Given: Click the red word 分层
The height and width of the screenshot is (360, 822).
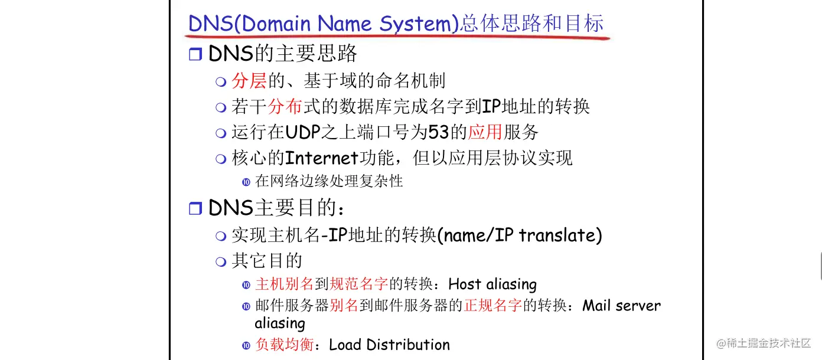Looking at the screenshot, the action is point(249,81).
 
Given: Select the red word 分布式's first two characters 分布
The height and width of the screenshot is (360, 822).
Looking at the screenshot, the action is point(285,107).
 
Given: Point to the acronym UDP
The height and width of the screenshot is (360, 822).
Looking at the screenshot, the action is point(298,133).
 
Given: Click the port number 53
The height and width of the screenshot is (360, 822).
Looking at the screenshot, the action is point(439,133).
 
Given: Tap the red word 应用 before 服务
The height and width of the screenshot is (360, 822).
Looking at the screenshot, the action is point(485,133).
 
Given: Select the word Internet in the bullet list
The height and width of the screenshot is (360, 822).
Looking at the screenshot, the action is point(322,158).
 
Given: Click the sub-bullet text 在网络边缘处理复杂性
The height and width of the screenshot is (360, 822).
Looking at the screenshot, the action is point(329,181).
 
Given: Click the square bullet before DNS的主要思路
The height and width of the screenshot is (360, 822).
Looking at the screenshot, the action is point(195,55).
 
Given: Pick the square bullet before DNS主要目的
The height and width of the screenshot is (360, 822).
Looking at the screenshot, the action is point(195,208).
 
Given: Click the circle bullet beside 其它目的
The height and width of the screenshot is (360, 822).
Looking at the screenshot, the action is point(221,261).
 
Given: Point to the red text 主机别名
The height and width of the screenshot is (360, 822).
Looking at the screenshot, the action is point(284,284).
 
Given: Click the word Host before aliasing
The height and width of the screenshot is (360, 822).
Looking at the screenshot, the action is point(465,284).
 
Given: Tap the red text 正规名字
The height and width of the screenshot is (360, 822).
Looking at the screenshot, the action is point(494,306).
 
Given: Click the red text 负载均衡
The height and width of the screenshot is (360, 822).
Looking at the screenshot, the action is point(284,345).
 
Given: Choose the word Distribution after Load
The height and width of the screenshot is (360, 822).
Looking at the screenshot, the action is point(408,345).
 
